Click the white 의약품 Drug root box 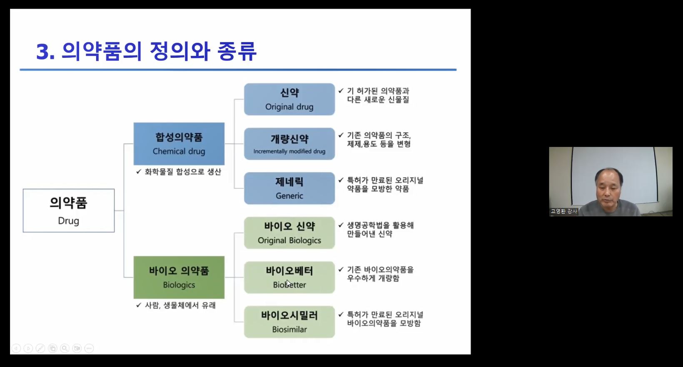pos(69,211)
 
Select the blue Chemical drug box pos(179,144)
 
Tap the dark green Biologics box pos(179,277)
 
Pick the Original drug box pos(289,99)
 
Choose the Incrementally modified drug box pos(289,144)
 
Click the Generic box pos(289,188)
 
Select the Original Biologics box pos(289,233)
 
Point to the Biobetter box pos(289,277)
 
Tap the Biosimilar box pos(289,322)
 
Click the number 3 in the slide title pos(43,52)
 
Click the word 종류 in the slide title pos(237,51)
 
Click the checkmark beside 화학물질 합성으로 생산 pos(139,171)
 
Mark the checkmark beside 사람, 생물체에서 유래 pos(139,305)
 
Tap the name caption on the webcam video pos(564,211)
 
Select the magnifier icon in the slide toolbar pos(65,348)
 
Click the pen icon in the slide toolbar pos(40,348)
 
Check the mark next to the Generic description pos(341,180)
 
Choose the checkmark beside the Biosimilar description pos(341,314)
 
